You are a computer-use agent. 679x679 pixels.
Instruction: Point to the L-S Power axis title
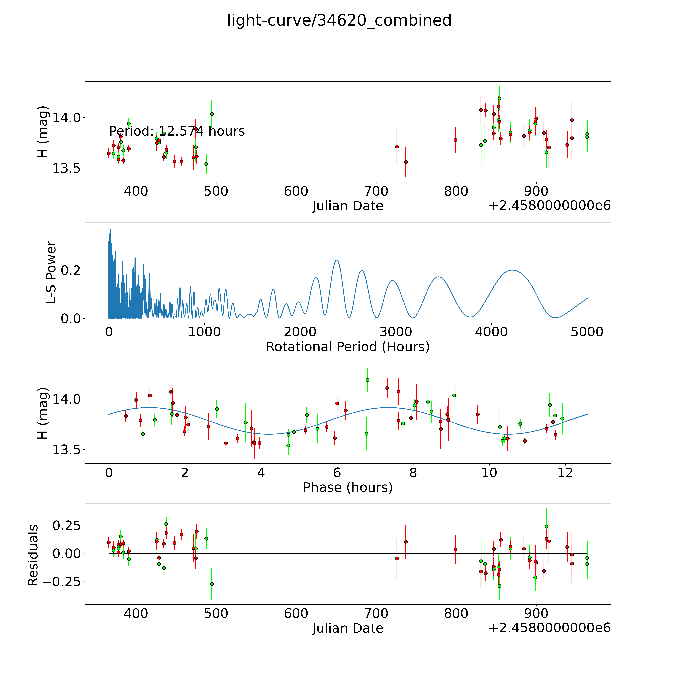point(51,272)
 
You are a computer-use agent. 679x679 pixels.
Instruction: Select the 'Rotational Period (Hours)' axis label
point(348,347)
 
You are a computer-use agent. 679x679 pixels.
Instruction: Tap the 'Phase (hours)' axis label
point(348,487)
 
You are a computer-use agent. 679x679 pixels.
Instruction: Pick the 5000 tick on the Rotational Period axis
point(587,332)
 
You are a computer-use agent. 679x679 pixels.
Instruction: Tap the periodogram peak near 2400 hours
point(337,260)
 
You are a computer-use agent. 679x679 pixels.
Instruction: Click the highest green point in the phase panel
point(367,380)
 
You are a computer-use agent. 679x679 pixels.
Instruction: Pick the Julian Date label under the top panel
point(348,206)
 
